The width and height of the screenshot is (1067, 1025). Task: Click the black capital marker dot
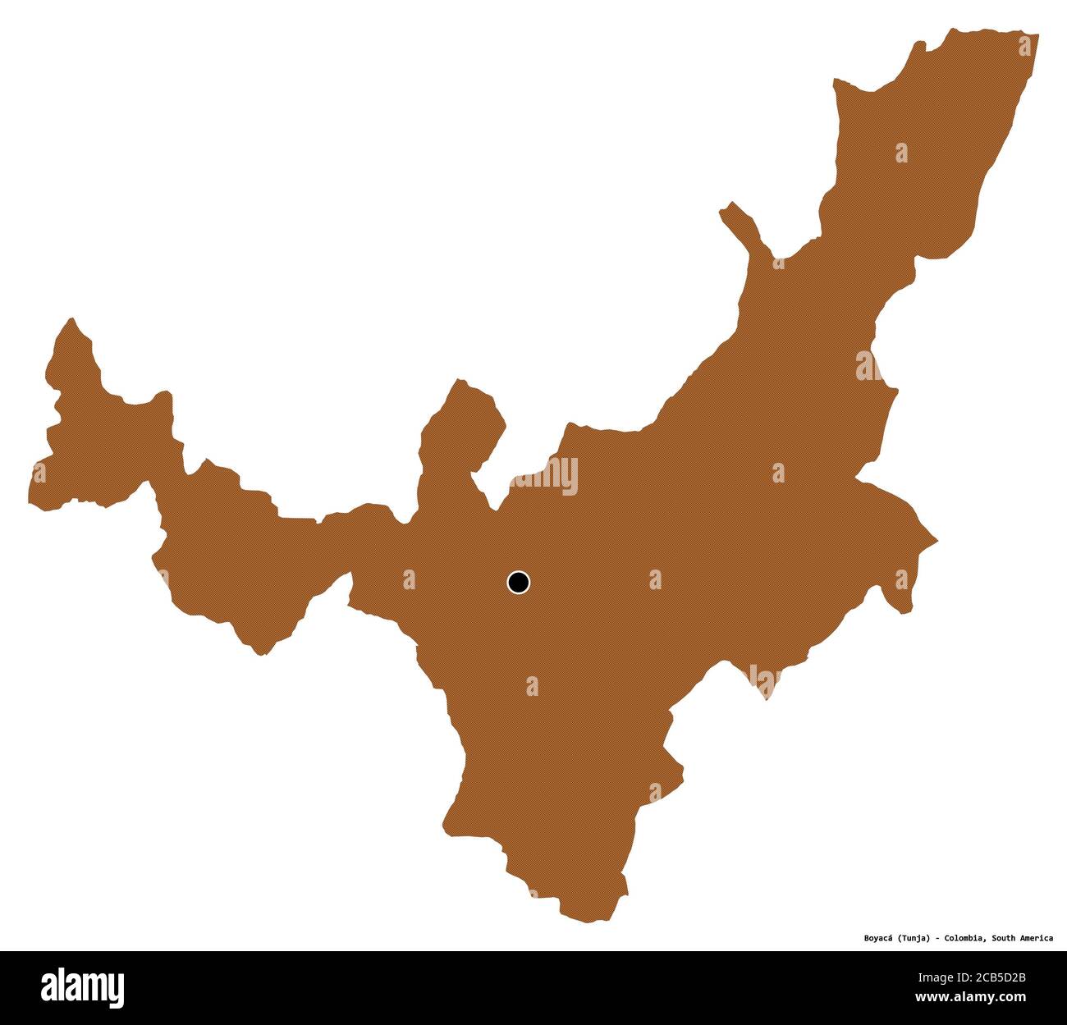click(x=518, y=583)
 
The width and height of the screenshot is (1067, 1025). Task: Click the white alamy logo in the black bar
click(x=83, y=984)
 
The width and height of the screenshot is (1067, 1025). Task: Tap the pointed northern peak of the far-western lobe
click(x=72, y=319)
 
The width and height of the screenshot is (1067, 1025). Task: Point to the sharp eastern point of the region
click(x=936, y=542)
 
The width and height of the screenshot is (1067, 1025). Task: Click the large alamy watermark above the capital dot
click(x=543, y=477)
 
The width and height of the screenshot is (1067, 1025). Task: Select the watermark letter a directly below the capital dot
click(x=532, y=686)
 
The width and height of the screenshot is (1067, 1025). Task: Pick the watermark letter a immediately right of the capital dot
click(x=654, y=580)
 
